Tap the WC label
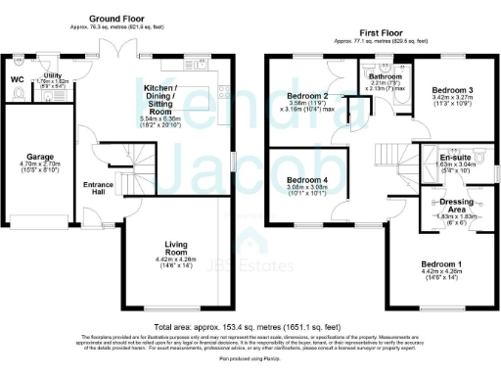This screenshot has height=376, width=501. click(x=17, y=79)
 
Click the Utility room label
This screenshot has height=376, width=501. click(x=53, y=75)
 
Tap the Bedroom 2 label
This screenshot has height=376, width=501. click(x=306, y=96)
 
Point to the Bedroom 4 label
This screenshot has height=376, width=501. click(x=305, y=180)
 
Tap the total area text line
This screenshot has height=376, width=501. click(x=251, y=324)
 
